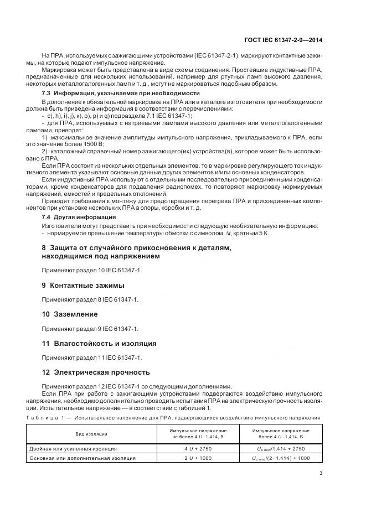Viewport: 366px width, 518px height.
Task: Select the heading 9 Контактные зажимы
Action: (x=83, y=285)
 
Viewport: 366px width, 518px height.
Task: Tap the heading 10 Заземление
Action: (x=70, y=314)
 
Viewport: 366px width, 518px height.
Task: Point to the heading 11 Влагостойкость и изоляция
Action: (x=99, y=343)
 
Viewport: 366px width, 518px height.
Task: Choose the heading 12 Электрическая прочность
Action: (x=96, y=372)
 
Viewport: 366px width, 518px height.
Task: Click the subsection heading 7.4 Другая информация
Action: (x=75, y=217)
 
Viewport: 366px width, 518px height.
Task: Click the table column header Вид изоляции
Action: (x=91, y=434)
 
